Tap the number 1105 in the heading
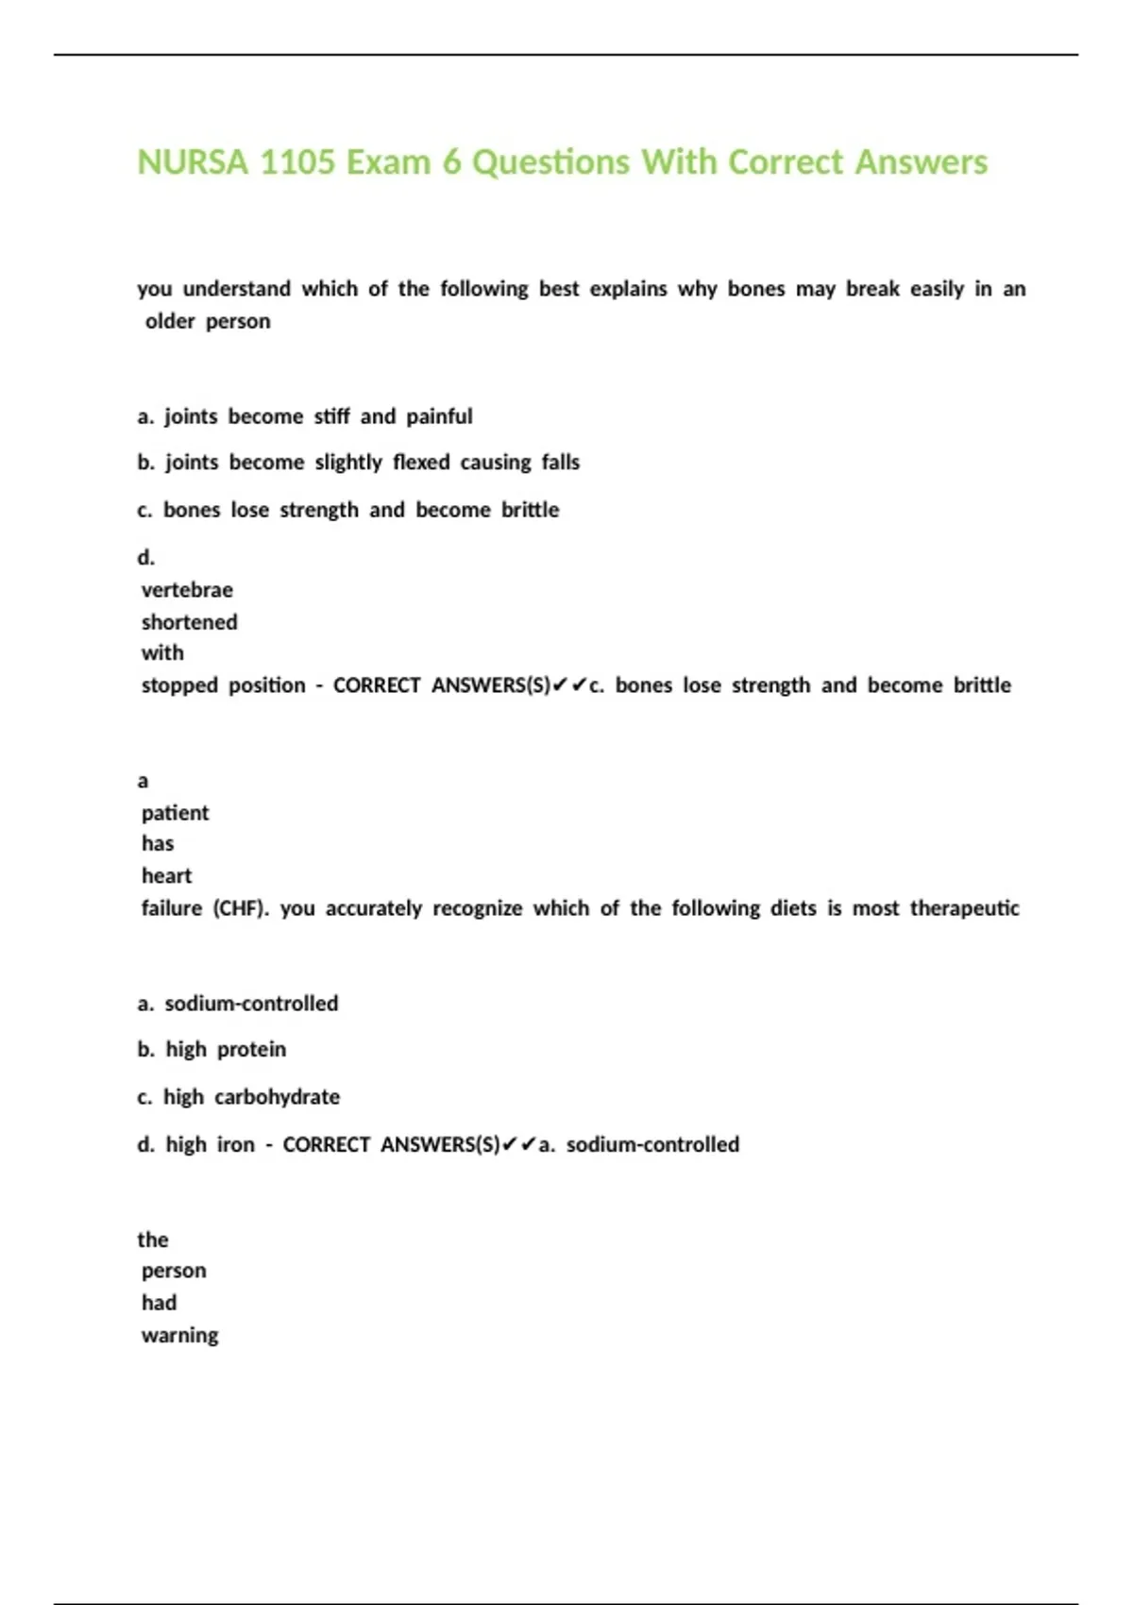pyautogui.click(x=297, y=162)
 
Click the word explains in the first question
pyautogui.click(x=628, y=289)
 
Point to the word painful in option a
pyautogui.click(x=439, y=416)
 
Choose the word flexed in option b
pyautogui.click(x=421, y=463)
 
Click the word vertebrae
pyautogui.click(x=187, y=590)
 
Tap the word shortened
pyautogui.click(x=189, y=622)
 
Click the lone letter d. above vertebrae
pyautogui.click(x=145, y=558)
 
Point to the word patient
pyautogui.click(x=175, y=813)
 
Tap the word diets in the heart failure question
pyautogui.click(x=793, y=908)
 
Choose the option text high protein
pyautogui.click(x=226, y=1050)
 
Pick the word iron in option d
pyautogui.click(x=236, y=1145)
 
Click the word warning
pyautogui.click(x=179, y=1336)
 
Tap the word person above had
pyautogui.click(x=174, y=1271)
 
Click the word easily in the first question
pyautogui.click(x=937, y=289)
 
